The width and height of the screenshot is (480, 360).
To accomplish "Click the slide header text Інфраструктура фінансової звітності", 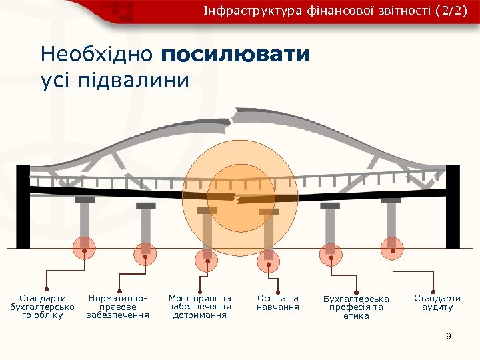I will [313, 11].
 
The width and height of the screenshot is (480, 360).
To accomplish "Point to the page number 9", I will [449, 337].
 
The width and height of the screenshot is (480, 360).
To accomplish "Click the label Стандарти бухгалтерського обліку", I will [42, 307].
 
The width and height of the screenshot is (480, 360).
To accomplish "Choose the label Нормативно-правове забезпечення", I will [118, 307].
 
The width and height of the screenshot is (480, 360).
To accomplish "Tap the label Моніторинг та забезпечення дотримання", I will [200, 307].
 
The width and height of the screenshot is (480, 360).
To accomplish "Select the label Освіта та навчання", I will [278, 303].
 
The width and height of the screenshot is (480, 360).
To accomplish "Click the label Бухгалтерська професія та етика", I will [355, 307].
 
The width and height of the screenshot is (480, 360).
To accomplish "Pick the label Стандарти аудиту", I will [437, 303].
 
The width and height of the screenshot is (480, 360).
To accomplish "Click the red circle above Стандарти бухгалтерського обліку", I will [83, 248].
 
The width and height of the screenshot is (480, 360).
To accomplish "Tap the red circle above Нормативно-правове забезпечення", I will [144, 252].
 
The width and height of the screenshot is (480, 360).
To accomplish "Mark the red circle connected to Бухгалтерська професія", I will [331, 252].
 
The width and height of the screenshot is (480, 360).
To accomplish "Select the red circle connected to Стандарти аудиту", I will [393, 248].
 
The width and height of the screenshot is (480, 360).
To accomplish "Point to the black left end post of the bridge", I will [23, 207].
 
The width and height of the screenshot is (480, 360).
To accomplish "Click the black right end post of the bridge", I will [455, 207].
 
